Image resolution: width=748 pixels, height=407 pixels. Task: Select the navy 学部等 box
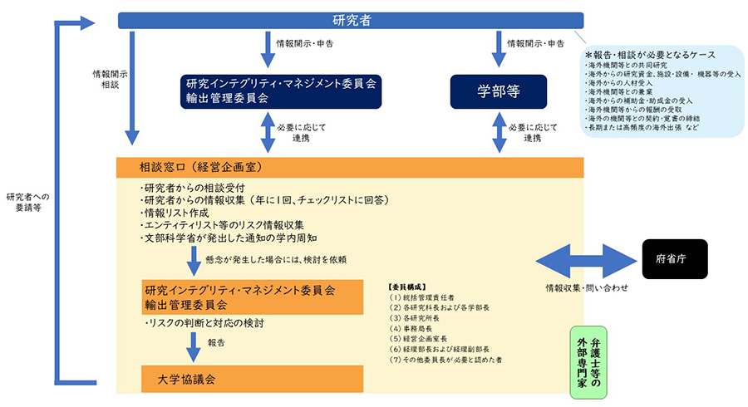(499, 91)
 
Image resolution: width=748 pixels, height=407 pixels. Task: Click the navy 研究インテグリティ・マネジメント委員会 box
(282, 91)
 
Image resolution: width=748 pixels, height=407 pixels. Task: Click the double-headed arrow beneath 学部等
(499, 132)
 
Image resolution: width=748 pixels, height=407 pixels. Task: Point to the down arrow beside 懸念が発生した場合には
(193, 260)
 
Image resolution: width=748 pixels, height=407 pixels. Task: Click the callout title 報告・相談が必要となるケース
(647, 56)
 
